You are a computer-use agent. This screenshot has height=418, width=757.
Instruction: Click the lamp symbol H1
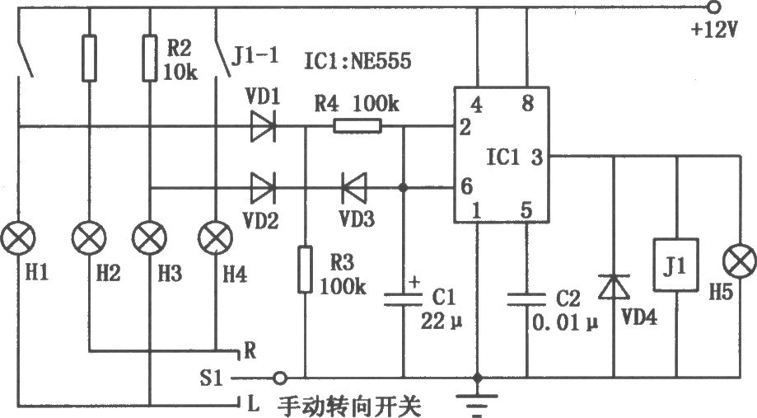(18, 238)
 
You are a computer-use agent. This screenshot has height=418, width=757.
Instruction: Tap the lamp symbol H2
(89, 238)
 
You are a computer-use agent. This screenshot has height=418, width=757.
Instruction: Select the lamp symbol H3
(150, 238)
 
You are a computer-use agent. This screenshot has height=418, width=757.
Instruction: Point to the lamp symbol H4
(215, 238)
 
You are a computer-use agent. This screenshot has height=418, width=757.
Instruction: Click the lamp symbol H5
(740, 261)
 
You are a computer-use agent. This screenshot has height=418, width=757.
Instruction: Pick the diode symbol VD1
(263, 127)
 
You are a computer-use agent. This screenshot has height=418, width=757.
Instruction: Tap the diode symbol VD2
(263, 187)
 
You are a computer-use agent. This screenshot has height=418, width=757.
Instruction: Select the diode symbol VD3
(354, 187)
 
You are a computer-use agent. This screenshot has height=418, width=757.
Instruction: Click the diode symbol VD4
(614, 287)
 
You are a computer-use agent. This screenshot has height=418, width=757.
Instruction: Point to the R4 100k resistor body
(357, 127)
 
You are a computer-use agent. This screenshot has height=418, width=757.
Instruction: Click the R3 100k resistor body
(305, 269)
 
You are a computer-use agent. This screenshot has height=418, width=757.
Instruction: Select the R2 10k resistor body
(150, 58)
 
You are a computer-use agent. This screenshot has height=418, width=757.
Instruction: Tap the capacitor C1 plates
(403, 299)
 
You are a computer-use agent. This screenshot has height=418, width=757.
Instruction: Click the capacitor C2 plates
(526, 299)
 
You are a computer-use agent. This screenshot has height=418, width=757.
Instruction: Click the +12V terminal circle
(713, 7)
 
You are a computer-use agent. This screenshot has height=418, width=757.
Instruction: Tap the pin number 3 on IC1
(537, 157)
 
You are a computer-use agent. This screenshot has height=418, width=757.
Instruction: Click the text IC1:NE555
(357, 61)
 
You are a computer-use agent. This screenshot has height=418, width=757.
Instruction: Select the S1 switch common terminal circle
(279, 378)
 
